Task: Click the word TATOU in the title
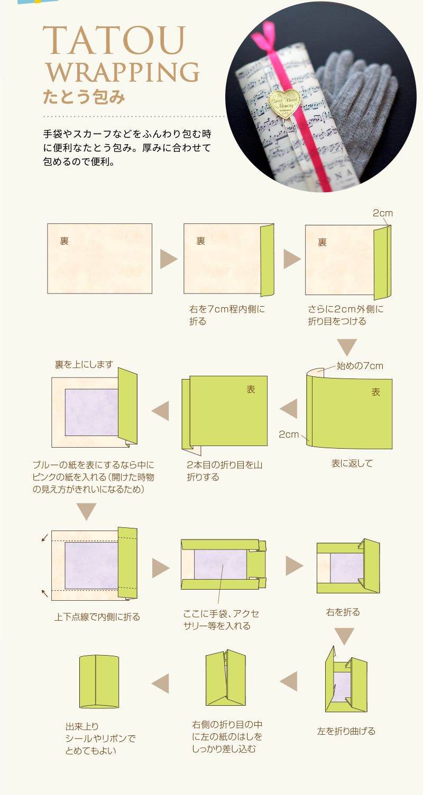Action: click(114, 41)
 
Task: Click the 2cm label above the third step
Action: click(383, 213)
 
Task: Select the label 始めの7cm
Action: click(360, 366)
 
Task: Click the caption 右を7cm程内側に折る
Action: click(227, 315)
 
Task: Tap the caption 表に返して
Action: click(352, 463)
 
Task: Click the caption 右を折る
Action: click(343, 612)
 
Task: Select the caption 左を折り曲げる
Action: click(346, 731)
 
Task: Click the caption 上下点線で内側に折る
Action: click(97, 617)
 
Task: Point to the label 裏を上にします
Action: click(84, 364)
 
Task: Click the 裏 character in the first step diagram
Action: click(64, 241)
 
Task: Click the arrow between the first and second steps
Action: click(168, 259)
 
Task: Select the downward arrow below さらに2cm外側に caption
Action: click(347, 347)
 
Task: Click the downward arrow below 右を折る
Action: click(344, 637)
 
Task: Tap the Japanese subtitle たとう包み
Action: click(84, 98)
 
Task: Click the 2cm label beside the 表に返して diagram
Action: click(289, 434)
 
